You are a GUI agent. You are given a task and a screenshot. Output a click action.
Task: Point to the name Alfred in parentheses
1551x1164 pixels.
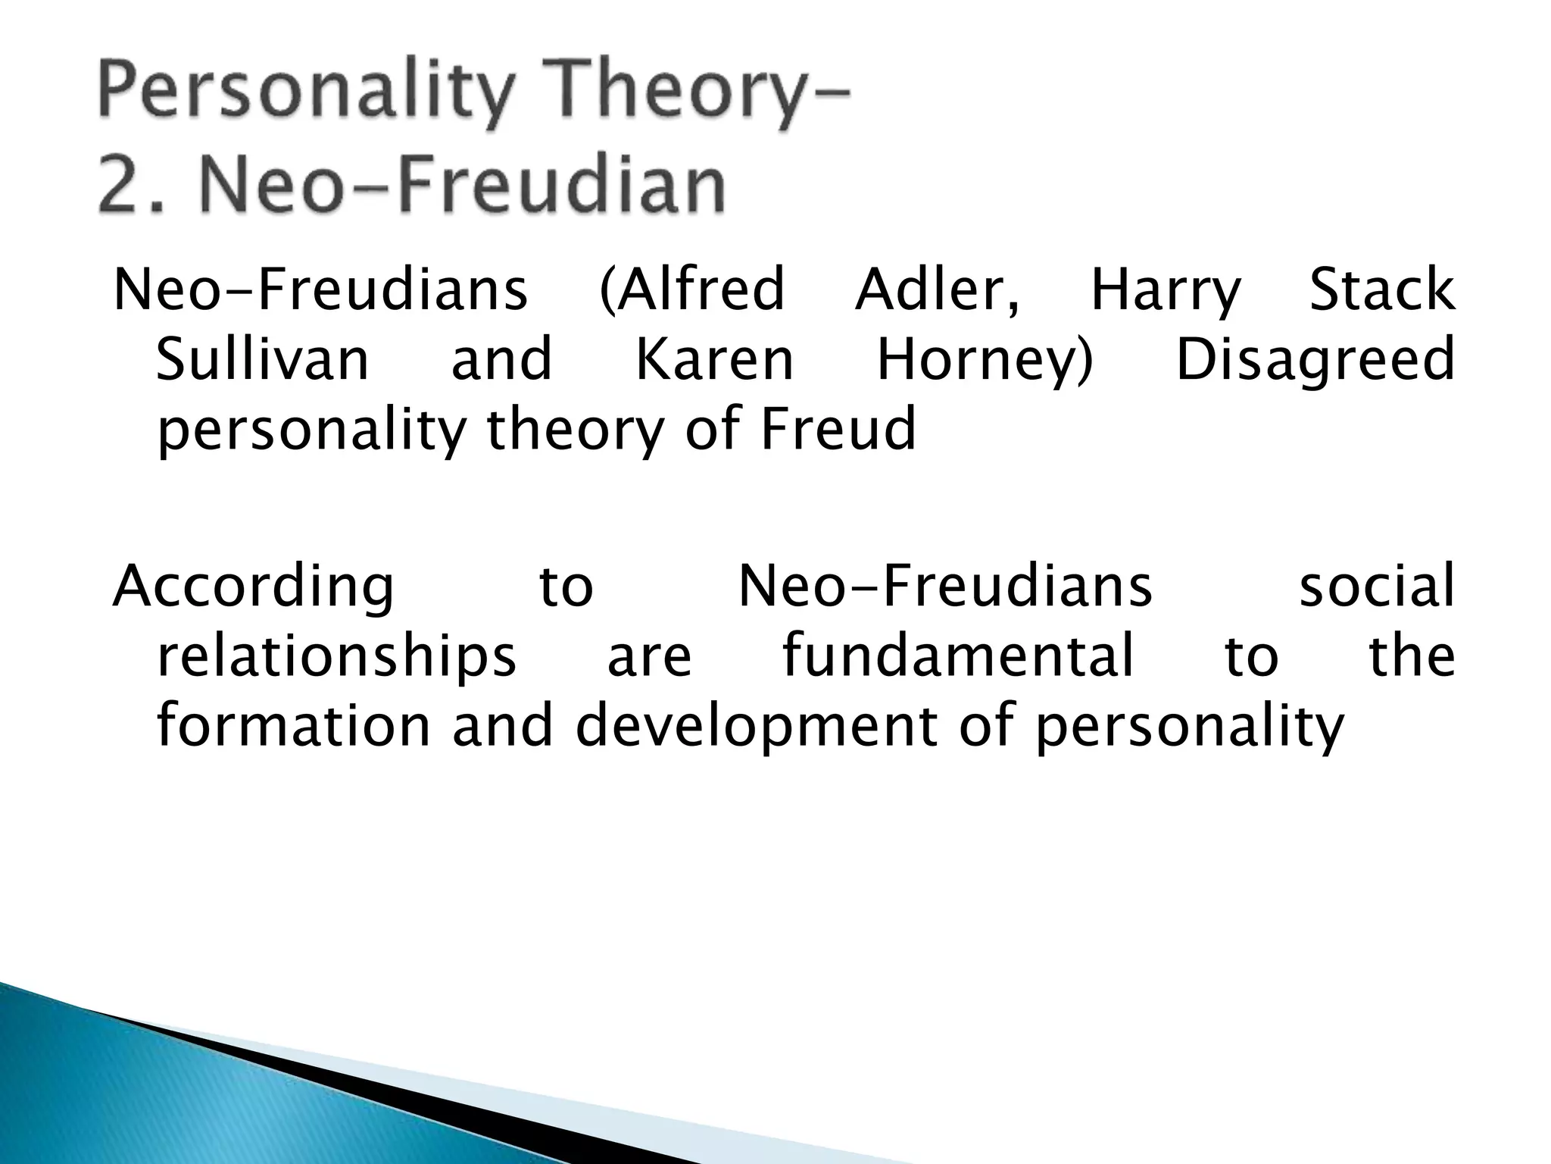(x=692, y=290)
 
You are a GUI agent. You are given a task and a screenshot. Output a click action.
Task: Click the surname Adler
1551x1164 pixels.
(x=938, y=290)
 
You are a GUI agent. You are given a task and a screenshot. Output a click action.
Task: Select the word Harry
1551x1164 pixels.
(x=1166, y=292)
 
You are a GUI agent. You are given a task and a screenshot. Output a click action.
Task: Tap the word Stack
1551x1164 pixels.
(x=1381, y=290)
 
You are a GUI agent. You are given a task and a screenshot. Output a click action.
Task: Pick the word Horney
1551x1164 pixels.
(x=985, y=361)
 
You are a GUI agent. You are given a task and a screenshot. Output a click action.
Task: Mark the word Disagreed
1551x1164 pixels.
(x=1315, y=361)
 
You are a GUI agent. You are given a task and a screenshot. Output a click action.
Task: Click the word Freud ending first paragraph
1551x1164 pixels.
(x=838, y=429)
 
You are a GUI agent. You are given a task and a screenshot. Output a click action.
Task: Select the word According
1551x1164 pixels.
(x=253, y=587)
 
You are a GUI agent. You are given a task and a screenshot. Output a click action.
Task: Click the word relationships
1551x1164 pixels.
(x=336, y=656)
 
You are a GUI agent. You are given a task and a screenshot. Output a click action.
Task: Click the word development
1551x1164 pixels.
(x=758, y=726)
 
